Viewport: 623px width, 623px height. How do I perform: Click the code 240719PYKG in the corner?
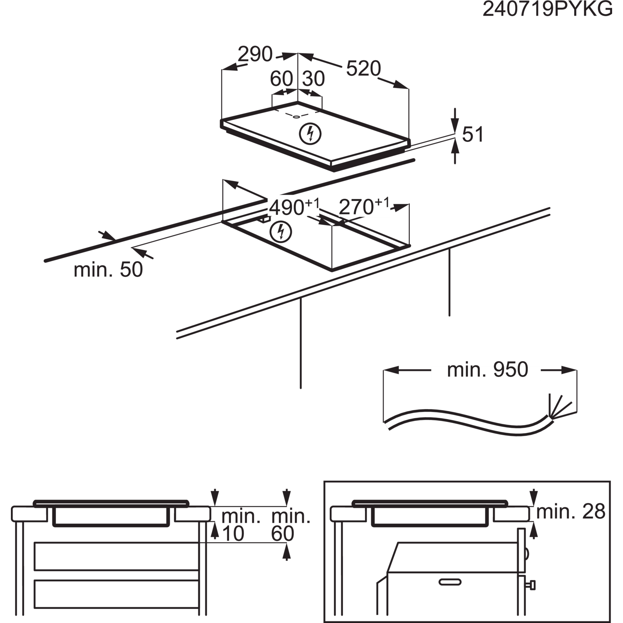click(x=547, y=9)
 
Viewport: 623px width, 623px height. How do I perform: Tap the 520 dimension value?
click(x=364, y=69)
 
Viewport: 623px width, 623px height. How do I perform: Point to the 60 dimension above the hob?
click(x=281, y=79)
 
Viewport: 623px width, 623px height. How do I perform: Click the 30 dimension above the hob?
click(x=313, y=79)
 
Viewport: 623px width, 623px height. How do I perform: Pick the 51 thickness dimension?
click(x=473, y=134)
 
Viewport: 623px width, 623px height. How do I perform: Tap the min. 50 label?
click(x=108, y=269)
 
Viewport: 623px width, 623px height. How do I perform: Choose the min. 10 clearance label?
click(x=240, y=525)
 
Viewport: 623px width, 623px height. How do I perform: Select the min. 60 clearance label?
click(x=291, y=525)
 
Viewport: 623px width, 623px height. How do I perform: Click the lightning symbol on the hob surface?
click(x=310, y=134)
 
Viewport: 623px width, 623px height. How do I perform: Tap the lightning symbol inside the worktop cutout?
click(x=281, y=231)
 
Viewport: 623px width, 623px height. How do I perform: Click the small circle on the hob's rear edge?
click(x=296, y=117)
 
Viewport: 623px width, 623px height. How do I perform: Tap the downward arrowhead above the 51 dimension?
click(x=455, y=124)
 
